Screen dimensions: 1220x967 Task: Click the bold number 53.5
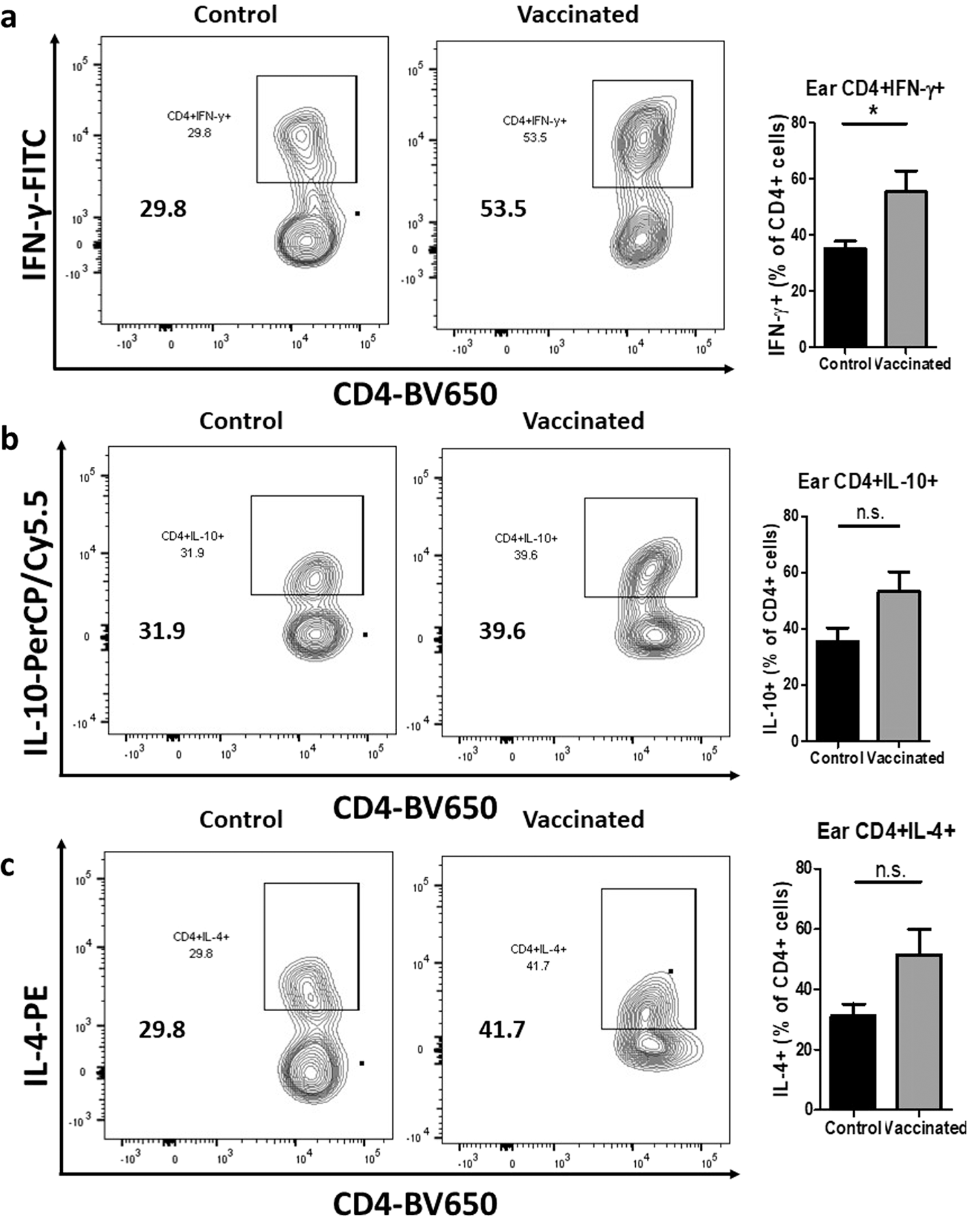[503, 209]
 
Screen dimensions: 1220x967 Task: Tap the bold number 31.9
[162, 630]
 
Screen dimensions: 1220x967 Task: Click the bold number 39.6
[502, 630]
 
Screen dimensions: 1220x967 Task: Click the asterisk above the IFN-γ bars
[874, 112]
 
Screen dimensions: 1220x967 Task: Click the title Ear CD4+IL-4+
[886, 831]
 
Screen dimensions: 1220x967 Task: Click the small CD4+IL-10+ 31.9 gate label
[193, 544]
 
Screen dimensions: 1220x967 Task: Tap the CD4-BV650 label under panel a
[415, 394]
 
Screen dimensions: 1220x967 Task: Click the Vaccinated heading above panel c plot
[583, 819]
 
